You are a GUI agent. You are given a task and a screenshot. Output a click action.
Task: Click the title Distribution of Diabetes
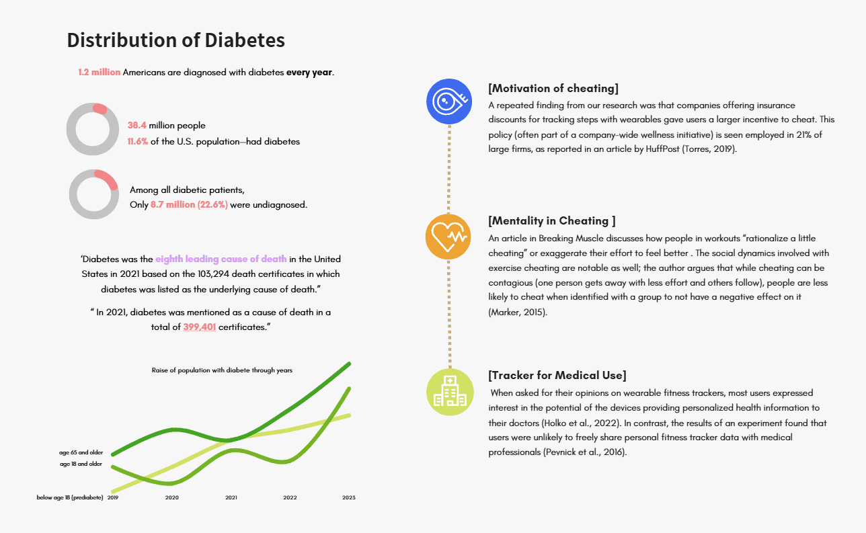coord(175,40)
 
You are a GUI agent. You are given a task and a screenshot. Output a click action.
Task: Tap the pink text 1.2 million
coord(100,73)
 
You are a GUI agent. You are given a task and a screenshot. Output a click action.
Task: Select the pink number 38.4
coord(137,126)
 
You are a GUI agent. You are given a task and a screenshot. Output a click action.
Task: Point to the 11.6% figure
coord(138,142)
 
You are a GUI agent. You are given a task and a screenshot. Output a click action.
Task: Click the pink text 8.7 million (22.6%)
coord(189,205)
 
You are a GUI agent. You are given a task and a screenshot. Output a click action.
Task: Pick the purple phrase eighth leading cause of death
coord(221,259)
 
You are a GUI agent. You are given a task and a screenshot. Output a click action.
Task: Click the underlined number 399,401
coord(199,327)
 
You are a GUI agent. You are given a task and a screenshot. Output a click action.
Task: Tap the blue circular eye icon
coord(448,102)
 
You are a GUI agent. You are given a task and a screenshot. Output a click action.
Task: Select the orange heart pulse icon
coord(448,236)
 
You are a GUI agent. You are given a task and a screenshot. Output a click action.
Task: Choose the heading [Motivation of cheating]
coord(553,89)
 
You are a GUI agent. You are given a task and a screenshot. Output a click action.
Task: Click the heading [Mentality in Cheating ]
coord(552,221)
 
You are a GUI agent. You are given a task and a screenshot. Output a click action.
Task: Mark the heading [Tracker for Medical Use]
coord(557,376)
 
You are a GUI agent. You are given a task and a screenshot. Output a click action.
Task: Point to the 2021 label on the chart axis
coord(231,498)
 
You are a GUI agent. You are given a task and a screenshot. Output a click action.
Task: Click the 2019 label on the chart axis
coord(113,498)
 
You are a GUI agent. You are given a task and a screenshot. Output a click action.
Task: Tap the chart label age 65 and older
coord(81,453)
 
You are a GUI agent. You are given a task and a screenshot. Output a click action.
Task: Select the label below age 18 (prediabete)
coord(70,498)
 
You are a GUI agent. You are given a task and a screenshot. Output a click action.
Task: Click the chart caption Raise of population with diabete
coord(222,370)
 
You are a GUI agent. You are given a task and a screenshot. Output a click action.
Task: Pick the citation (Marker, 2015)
coord(518,313)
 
